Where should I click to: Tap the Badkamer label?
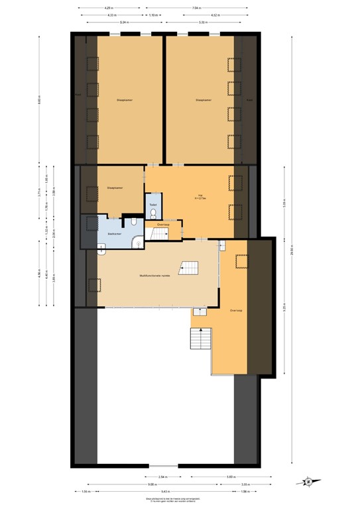coord(113,233)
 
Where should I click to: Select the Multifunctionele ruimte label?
coord(158,275)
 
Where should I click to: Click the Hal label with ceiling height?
coord(200,197)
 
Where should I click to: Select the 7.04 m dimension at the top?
coord(196,7)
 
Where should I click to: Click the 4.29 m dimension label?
coord(109,7)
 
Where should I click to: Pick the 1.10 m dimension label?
coord(153,14)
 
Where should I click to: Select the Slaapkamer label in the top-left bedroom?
coord(125,101)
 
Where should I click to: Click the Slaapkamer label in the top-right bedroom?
coord(203,101)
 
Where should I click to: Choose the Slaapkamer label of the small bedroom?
coord(116,188)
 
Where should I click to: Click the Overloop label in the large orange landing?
coord(236,310)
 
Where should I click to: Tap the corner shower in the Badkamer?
coord(137,243)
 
